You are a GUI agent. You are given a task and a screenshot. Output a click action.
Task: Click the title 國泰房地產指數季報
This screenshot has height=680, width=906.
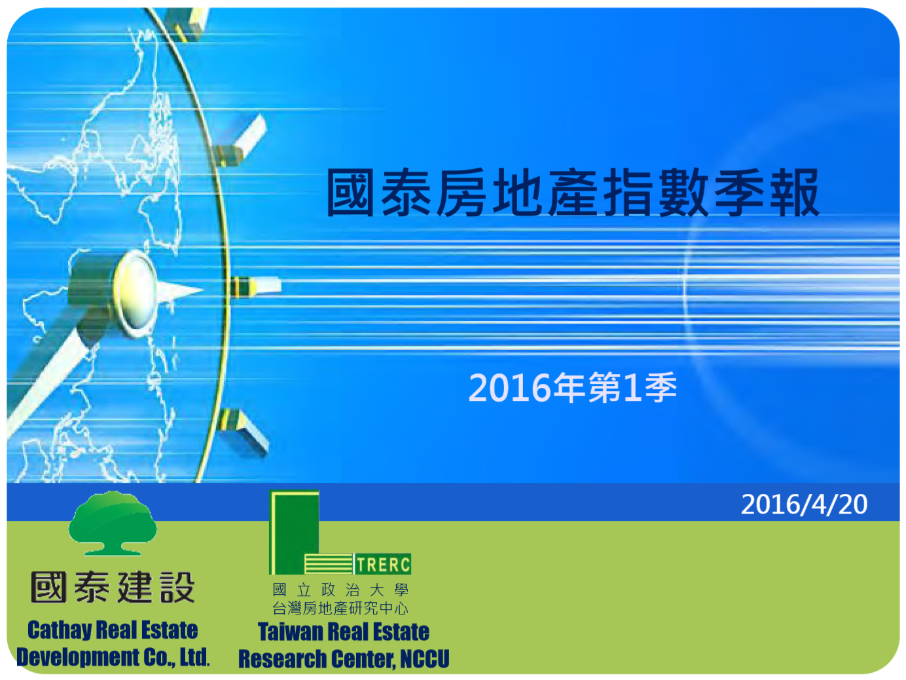(573, 193)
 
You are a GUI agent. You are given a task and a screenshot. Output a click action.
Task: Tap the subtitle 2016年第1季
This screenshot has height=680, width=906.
(573, 387)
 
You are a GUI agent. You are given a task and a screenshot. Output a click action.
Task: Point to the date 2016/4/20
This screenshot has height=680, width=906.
(804, 504)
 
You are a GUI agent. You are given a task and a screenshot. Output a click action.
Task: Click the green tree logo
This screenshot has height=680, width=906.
(113, 523)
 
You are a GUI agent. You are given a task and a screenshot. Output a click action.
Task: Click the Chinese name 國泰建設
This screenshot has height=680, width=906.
(113, 587)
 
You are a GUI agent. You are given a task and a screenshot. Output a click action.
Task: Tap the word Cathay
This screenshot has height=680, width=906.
(60, 630)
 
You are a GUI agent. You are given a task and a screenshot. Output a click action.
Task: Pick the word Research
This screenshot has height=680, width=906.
(282, 658)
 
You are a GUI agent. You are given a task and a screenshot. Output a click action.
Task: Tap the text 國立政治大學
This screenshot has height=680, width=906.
(340, 590)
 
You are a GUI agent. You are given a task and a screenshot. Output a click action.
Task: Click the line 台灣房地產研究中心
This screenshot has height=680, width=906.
(340, 608)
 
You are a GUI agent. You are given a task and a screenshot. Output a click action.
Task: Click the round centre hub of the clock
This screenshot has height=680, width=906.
(134, 294)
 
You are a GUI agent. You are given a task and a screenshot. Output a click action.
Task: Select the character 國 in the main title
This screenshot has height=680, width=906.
(350, 193)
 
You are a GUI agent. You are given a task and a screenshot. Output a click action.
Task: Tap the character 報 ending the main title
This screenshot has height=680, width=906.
(795, 193)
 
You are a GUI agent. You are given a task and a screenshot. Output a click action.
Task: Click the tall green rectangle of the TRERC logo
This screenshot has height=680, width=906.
(295, 532)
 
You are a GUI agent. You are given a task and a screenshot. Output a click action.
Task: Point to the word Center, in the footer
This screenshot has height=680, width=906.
(363, 659)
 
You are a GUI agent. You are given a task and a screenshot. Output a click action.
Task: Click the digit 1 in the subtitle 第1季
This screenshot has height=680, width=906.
(632, 387)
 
